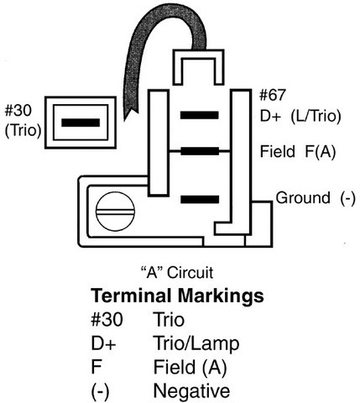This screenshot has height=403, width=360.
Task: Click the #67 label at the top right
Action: coord(273,95)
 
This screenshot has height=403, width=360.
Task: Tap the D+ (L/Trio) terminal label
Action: coord(300,116)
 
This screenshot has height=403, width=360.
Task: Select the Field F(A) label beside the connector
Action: coord(298,151)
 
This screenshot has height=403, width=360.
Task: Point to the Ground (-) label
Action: coord(316,198)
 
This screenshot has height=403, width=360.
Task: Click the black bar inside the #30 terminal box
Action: coord(81,123)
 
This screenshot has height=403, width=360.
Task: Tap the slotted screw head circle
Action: coord(115,212)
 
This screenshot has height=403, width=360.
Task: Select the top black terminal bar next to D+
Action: coord(200,115)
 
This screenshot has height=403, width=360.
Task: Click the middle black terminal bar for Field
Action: coord(200,151)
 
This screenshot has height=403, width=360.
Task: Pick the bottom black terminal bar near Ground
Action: coord(200,199)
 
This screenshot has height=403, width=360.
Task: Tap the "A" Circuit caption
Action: coord(177,272)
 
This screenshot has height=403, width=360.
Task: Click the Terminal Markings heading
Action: coord(177,296)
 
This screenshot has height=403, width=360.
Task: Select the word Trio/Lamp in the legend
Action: coord(196,343)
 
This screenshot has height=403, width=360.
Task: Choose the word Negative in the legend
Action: coord(191,390)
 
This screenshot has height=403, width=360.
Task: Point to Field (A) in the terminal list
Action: coord(190,367)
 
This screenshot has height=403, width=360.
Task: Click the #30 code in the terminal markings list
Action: coord(107,320)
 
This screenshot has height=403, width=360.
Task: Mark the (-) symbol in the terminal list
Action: coord(100,391)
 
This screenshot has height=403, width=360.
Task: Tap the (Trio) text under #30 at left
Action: coord(23,130)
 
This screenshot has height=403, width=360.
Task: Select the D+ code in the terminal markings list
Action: coord(103,343)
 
